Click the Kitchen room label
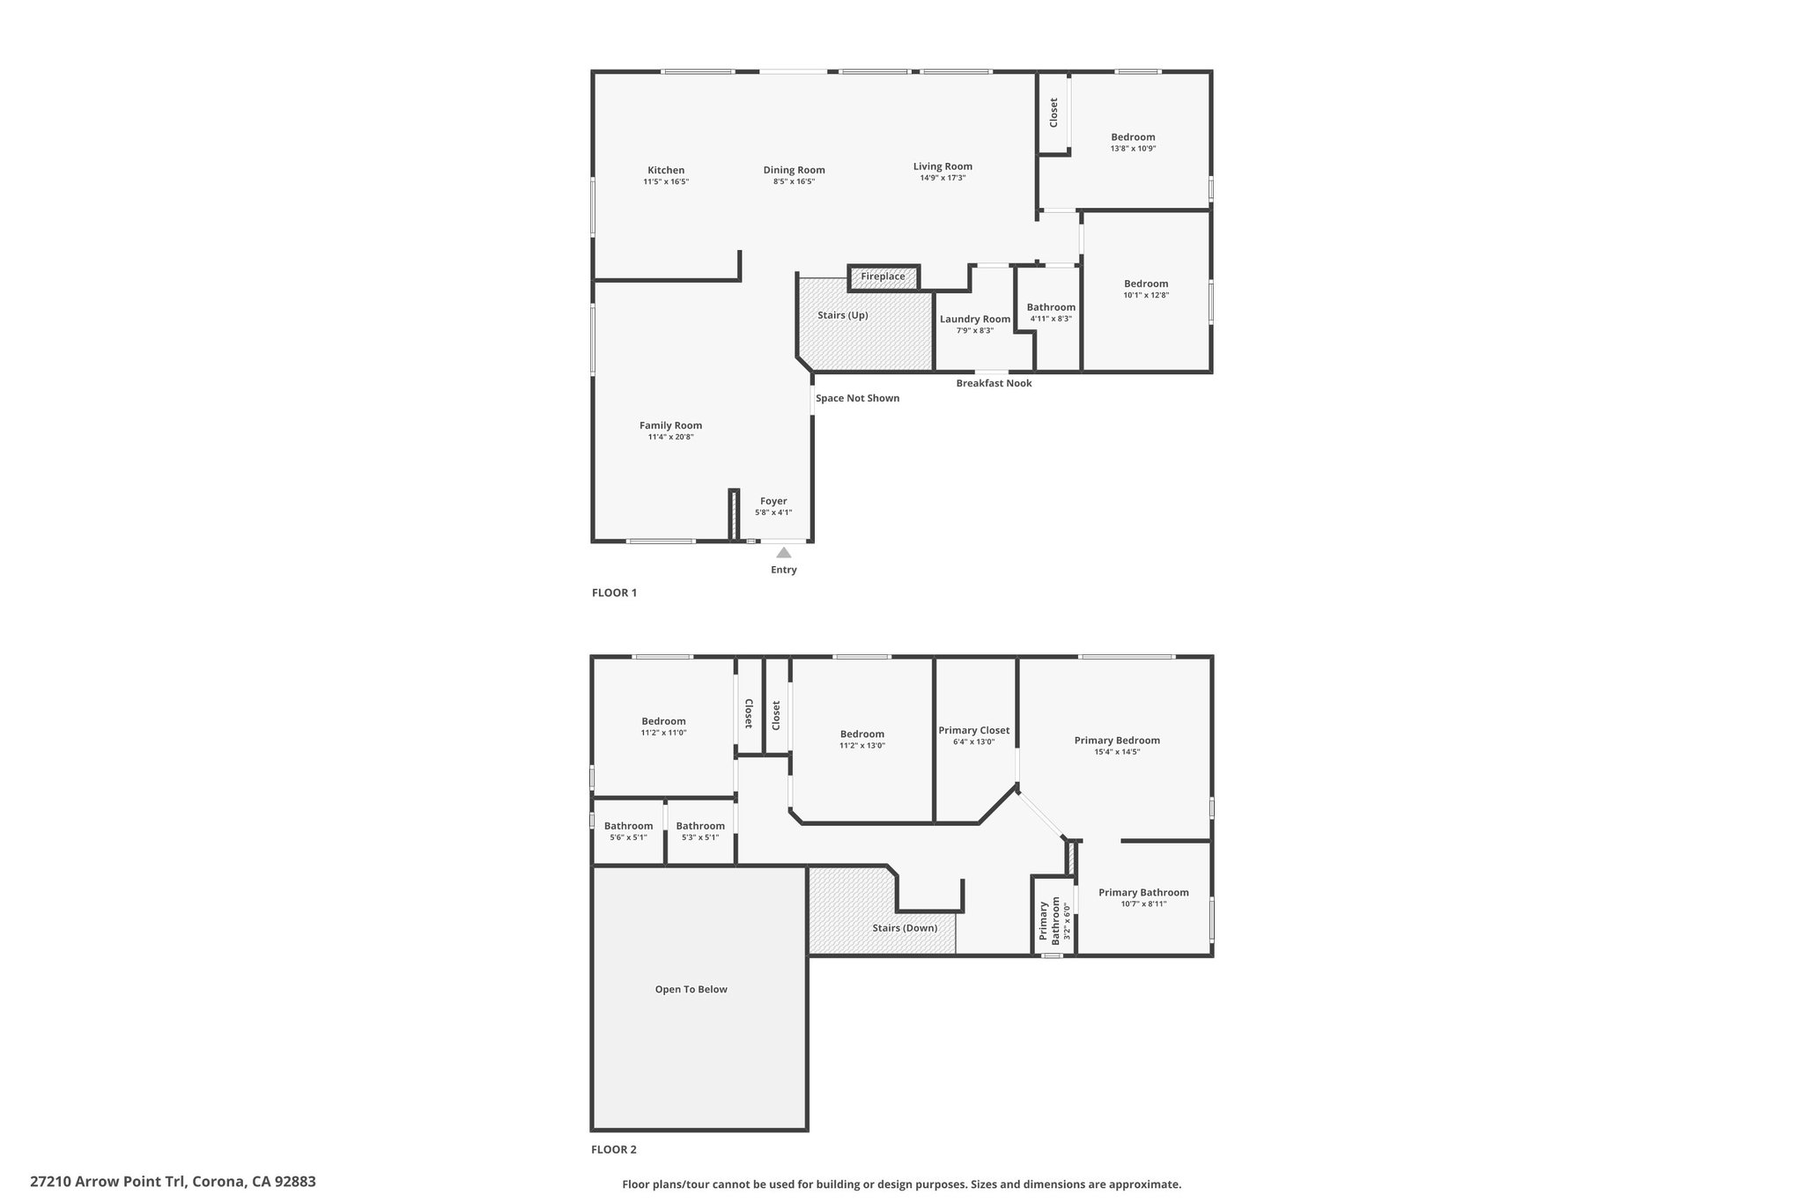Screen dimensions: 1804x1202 point(666,171)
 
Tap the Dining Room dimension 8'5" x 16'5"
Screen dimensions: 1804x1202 point(794,181)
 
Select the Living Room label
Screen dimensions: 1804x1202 point(943,166)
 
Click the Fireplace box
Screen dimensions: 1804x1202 point(884,277)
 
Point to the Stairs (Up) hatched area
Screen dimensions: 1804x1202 point(864,324)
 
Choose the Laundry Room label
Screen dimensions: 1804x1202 point(975,320)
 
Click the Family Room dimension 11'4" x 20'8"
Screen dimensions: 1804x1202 point(671,437)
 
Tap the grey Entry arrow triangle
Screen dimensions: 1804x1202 point(783,552)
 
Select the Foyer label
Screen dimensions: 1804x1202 point(773,501)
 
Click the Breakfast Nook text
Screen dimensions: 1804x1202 point(994,383)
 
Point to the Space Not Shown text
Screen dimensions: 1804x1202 point(857,398)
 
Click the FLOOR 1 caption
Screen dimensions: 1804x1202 point(614,593)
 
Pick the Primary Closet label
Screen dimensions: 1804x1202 point(974,730)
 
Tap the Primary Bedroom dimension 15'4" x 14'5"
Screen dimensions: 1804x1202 point(1117,752)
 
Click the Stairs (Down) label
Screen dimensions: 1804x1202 point(905,927)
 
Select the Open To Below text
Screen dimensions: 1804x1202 point(691,989)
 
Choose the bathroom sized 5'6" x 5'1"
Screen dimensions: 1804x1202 point(628,831)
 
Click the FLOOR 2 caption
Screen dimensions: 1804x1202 point(614,1149)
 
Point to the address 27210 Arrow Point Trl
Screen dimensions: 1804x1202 point(108,1182)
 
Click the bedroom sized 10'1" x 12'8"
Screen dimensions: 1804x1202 point(1146,291)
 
